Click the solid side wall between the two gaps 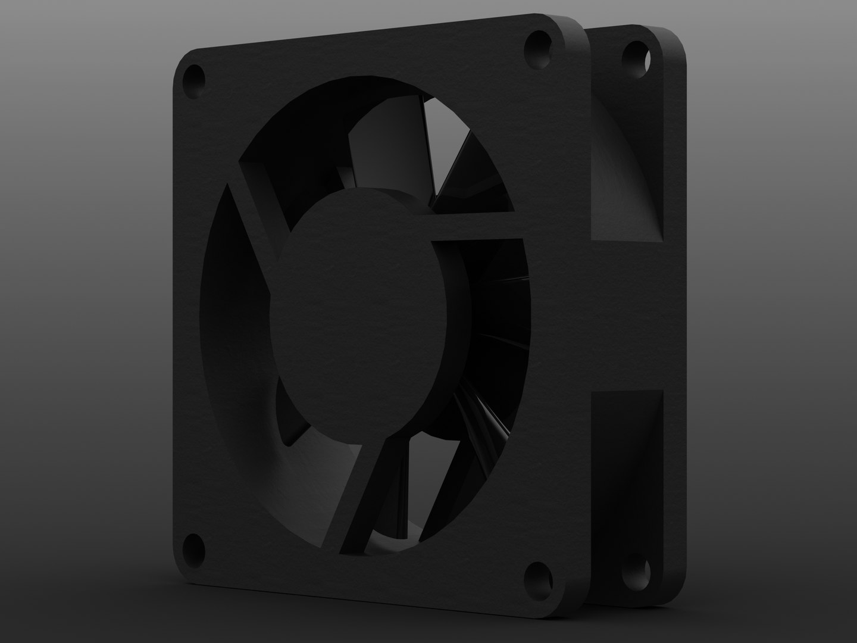631,316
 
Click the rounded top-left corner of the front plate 183,60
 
